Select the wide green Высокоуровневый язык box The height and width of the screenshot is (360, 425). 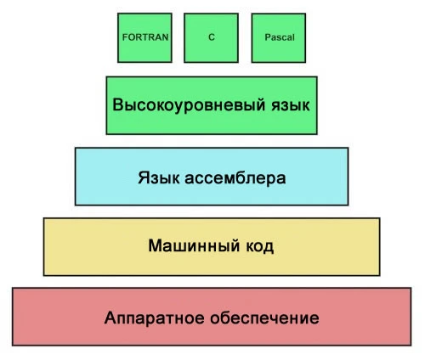pos(212,123)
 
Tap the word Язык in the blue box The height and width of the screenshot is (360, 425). pos(156,179)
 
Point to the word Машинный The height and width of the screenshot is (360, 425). pos(189,246)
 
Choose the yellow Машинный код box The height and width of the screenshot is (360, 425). pos(212,263)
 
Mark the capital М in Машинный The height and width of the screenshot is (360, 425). pos(155,246)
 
